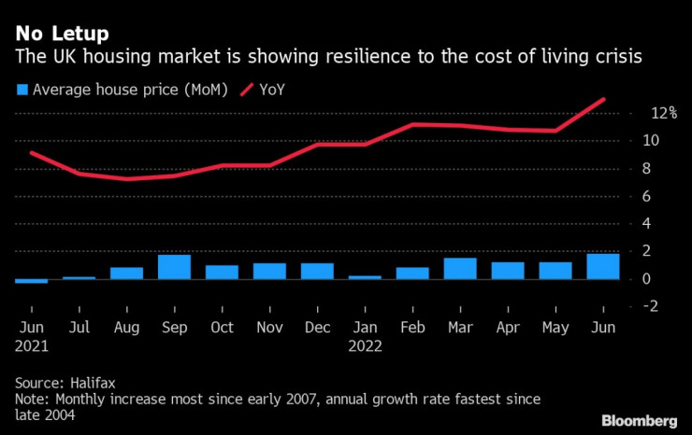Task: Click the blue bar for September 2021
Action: [x=174, y=267]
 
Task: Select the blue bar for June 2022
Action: [x=603, y=267]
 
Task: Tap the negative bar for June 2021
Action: [x=31, y=281]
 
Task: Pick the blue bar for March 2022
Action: [x=460, y=269]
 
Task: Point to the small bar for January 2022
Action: [x=365, y=277]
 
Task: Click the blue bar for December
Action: [x=317, y=271]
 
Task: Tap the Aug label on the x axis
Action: [x=126, y=329]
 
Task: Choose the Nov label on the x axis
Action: [x=269, y=329]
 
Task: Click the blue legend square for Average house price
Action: [x=21, y=91]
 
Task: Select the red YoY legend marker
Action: [x=249, y=91]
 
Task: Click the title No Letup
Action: [x=61, y=35]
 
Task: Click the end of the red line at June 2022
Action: [x=604, y=99]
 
